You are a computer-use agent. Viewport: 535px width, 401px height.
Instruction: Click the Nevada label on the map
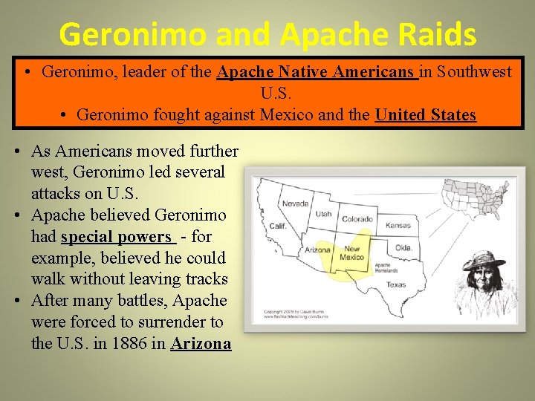pyautogui.click(x=295, y=203)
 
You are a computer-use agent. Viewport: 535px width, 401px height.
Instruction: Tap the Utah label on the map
pyautogui.click(x=323, y=214)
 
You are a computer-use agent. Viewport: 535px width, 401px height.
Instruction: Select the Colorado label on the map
pyautogui.click(x=357, y=219)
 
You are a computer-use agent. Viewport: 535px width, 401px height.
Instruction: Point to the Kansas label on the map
pyautogui.click(x=398, y=225)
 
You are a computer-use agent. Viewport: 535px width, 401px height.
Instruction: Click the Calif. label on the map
pyautogui.click(x=277, y=226)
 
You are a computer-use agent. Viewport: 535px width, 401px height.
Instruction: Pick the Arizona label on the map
pyautogui.click(x=317, y=250)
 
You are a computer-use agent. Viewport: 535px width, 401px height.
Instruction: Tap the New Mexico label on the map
pyautogui.click(x=351, y=253)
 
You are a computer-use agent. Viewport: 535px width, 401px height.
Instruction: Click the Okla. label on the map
pyautogui.click(x=403, y=247)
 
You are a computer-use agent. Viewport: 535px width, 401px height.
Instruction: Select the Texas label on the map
pyautogui.click(x=396, y=284)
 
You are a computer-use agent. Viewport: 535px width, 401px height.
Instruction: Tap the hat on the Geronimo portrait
pyautogui.click(x=484, y=261)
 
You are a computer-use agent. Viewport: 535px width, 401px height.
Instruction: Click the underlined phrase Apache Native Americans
pyautogui.click(x=317, y=72)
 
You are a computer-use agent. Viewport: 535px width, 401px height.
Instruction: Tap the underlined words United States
pyautogui.click(x=426, y=115)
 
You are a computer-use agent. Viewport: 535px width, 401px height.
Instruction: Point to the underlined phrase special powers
pyautogui.click(x=117, y=237)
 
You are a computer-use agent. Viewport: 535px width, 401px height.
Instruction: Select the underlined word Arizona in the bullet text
pyautogui.click(x=201, y=345)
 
